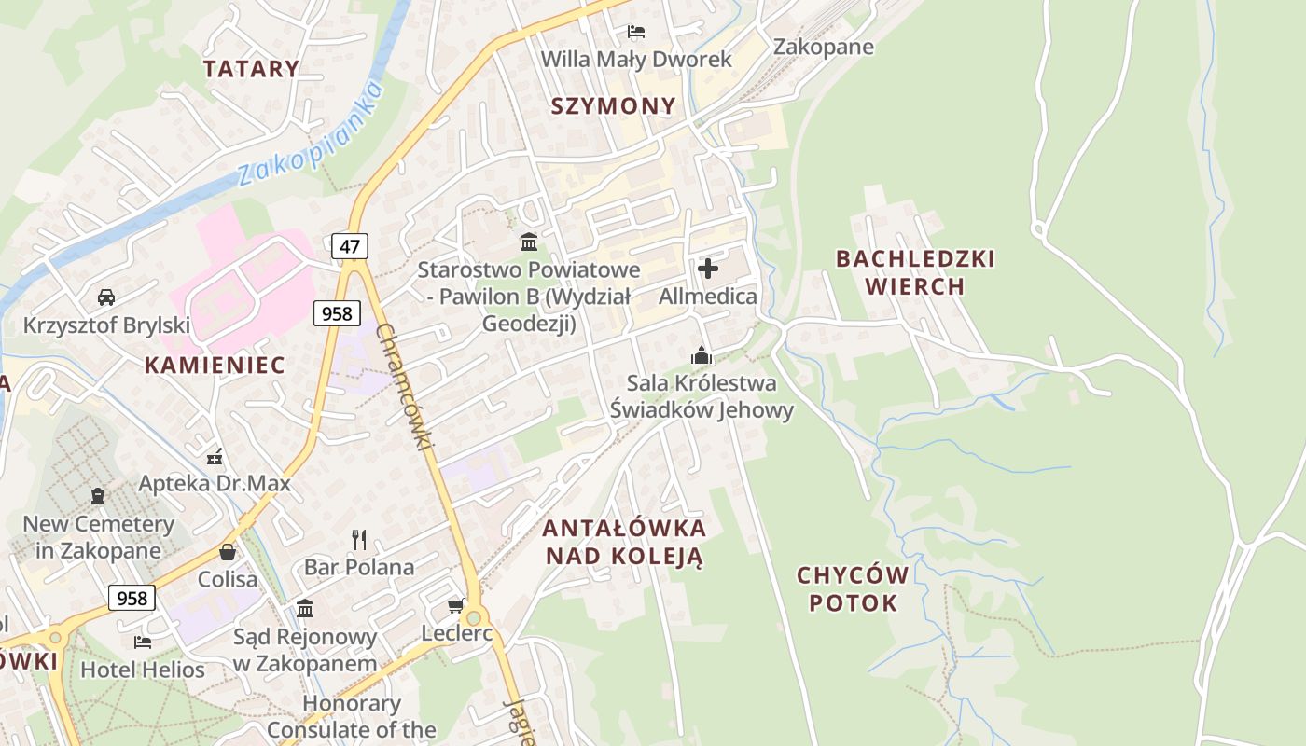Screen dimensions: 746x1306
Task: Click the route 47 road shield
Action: tap(350, 246)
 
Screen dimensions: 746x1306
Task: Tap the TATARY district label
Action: tap(251, 68)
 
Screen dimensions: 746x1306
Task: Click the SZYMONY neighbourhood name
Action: tap(613, 105)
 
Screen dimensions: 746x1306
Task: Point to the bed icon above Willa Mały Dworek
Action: tap(636, 32)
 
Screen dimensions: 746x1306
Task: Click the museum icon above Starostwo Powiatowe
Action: tap(529, 242)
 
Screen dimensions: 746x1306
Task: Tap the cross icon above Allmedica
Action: tap(708, 269)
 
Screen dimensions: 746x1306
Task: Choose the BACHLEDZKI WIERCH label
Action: tap(915, 271)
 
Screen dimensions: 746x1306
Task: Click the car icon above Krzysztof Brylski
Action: tap(106, 297)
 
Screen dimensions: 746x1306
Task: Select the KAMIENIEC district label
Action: tap(215, 365)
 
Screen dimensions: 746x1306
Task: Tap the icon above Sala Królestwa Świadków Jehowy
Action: tap(701, 355)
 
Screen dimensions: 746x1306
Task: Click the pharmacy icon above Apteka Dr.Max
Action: tap(215, 457)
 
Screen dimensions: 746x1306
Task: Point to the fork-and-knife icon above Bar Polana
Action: tap(359, 539)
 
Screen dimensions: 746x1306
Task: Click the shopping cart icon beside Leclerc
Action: tap(456, 606)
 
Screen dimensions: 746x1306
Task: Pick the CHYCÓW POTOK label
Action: tap(853, 588)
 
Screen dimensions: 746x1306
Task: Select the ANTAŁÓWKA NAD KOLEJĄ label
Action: tap(624, 542)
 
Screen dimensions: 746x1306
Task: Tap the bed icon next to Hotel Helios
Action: tap(143, 642)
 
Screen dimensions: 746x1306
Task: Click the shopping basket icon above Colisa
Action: tap(228, 552)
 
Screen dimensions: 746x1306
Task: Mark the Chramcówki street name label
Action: tap(403, 388)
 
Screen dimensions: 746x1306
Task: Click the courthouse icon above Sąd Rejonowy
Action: tap(305, 609)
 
